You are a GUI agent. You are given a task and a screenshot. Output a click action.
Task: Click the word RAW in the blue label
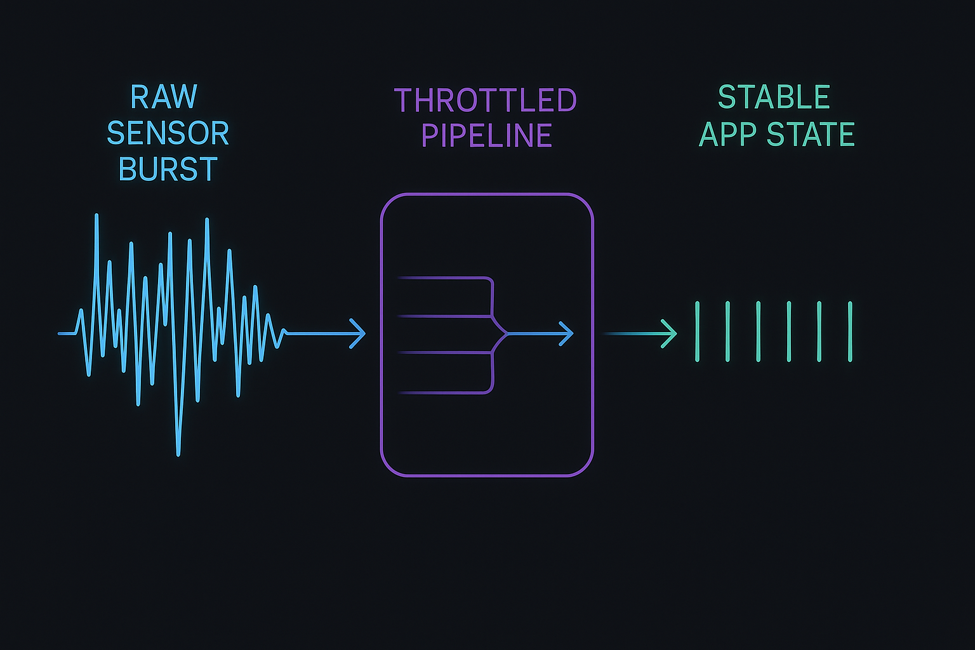164,97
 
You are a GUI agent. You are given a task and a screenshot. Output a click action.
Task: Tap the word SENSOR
168,133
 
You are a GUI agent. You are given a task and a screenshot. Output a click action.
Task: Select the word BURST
168,169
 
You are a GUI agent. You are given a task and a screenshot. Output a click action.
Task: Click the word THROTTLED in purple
486,100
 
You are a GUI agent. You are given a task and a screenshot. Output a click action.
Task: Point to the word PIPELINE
486,135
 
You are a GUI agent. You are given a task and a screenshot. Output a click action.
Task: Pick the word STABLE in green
774,97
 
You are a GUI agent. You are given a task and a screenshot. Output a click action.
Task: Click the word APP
727,134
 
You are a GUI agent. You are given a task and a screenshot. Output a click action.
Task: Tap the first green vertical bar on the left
697,331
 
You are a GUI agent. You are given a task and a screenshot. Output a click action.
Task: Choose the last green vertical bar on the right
850,331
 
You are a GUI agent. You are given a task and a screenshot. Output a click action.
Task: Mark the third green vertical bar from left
759,331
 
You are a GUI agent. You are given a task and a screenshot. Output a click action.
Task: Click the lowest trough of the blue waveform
178,453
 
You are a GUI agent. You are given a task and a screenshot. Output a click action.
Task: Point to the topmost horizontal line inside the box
444,278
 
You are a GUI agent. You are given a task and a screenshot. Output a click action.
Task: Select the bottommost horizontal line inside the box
444,393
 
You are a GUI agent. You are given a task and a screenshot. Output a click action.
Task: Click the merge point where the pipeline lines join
507,333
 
